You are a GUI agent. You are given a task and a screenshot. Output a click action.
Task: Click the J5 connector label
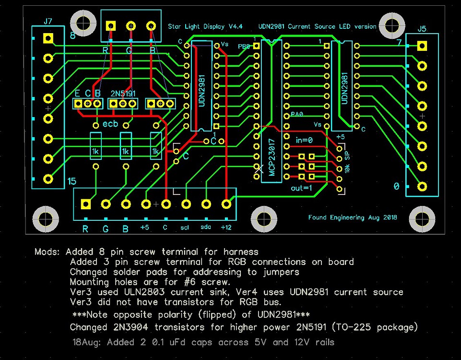pos(422,29)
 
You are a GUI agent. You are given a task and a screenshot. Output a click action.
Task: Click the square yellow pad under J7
pos(47,38)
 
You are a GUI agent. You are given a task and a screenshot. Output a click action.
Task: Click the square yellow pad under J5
pos(422,46)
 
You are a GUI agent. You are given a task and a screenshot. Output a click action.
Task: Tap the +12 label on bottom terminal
pos(225,228)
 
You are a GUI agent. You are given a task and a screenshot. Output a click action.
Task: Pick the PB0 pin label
pos(244,47)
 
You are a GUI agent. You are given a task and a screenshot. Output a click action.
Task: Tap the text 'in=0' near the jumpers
pos(304,141)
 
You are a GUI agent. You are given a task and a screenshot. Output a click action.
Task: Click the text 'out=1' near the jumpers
pos(301,188)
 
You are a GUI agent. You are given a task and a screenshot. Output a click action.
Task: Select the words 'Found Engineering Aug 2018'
pos(353,217)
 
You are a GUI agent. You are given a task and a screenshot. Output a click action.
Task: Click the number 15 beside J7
pos(72,181)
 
